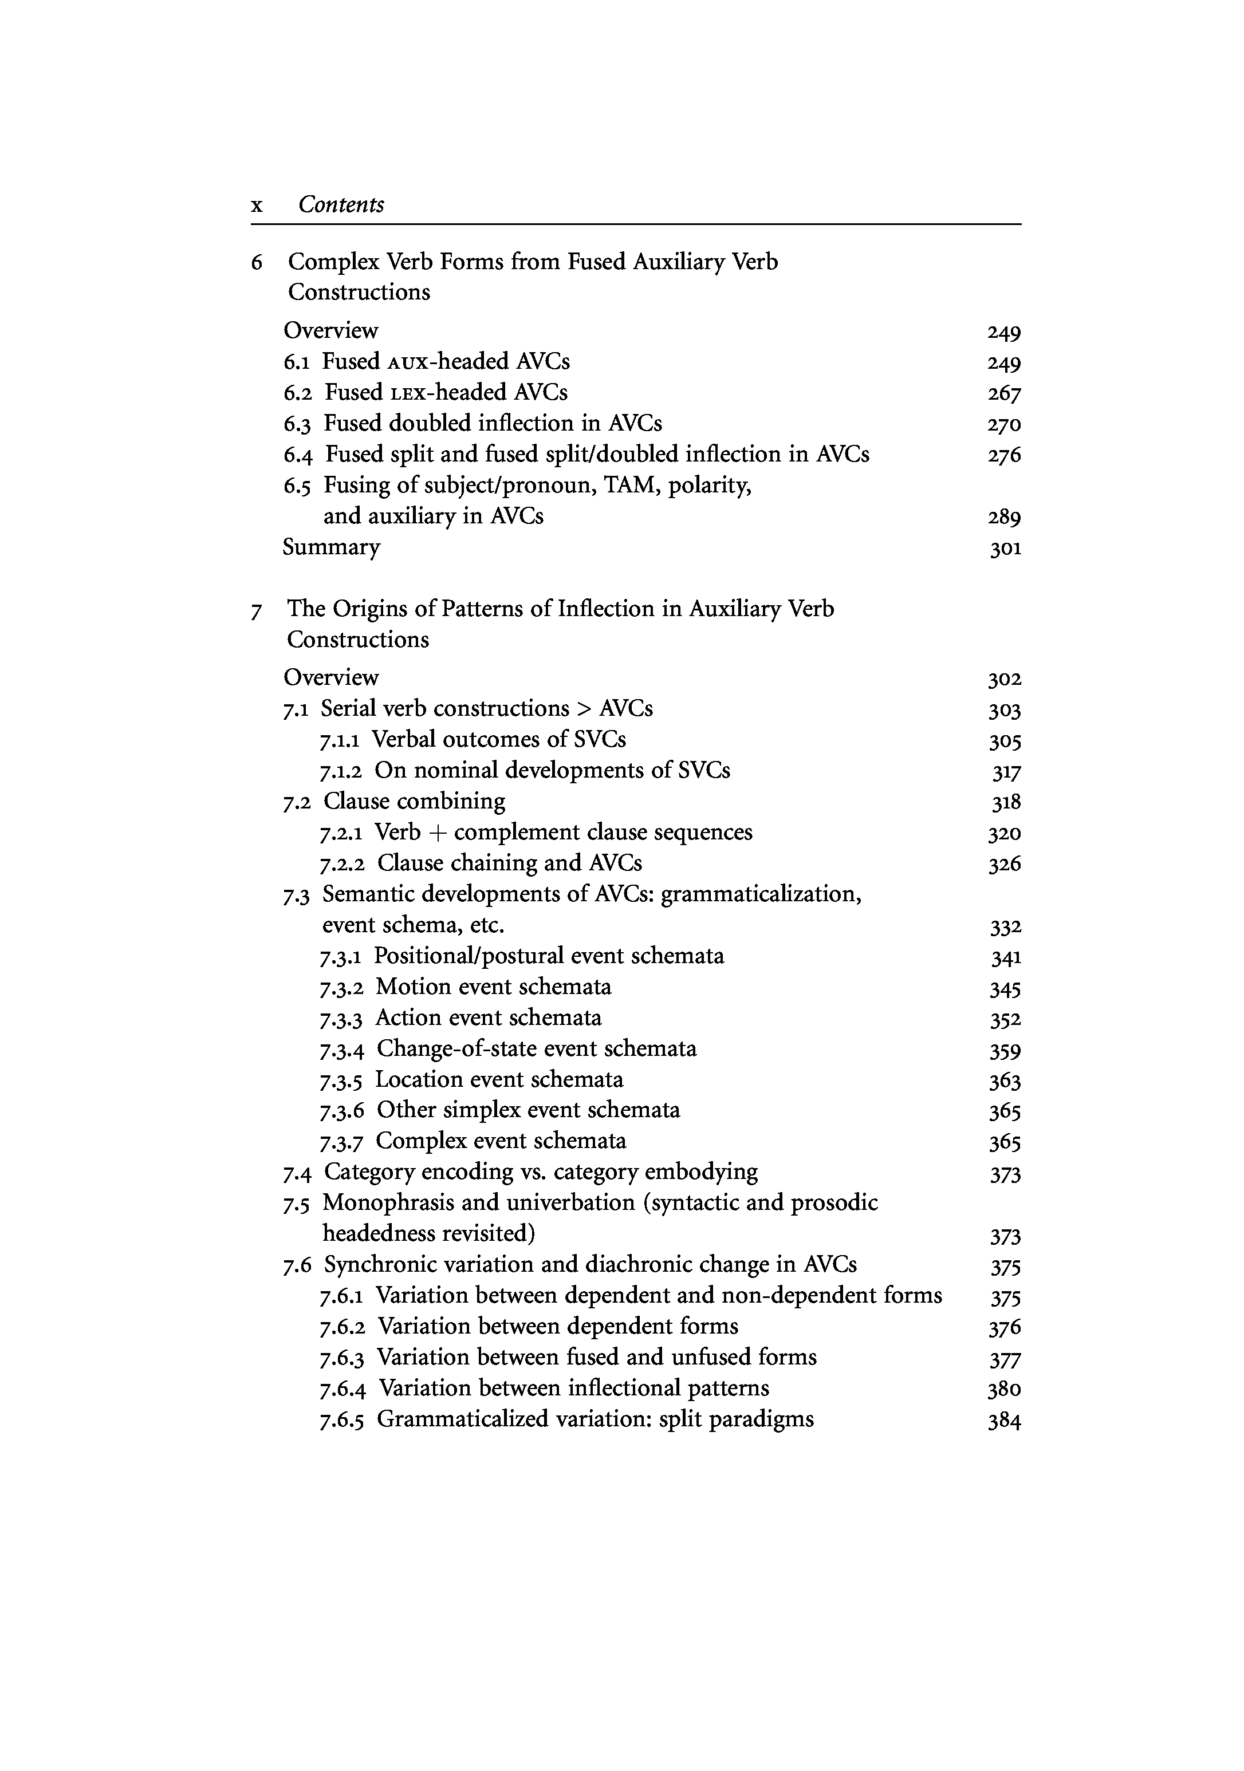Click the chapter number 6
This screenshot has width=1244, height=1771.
pyautogui.click(x=257, y=262)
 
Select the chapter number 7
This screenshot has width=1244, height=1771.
pyautogui.click(x=256, y=610)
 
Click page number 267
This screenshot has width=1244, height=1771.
pyautogui.click(x=1004, y=393)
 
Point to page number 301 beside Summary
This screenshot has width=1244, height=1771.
pyautogui.click(x=1005, y=549)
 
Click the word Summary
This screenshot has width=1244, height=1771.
pyautogui.click(x=331, y=547)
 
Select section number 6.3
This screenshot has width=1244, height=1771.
pyautogui.click(x=297, y=424)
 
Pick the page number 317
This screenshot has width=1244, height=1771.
pyautogui.click(x=1006, y=771)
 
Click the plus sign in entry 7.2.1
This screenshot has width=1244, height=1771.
pyautogui.click(x=437, y=833)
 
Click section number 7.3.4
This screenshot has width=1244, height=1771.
pyautogui.click(x=341, y=1049)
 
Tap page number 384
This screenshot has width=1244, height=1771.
pyautogui.click(x=1004, y=1420)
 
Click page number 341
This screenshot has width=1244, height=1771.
pyautogui.click(x=1006, y=957)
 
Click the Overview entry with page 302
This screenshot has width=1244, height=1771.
pyautogui.click(x=331, y=677)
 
